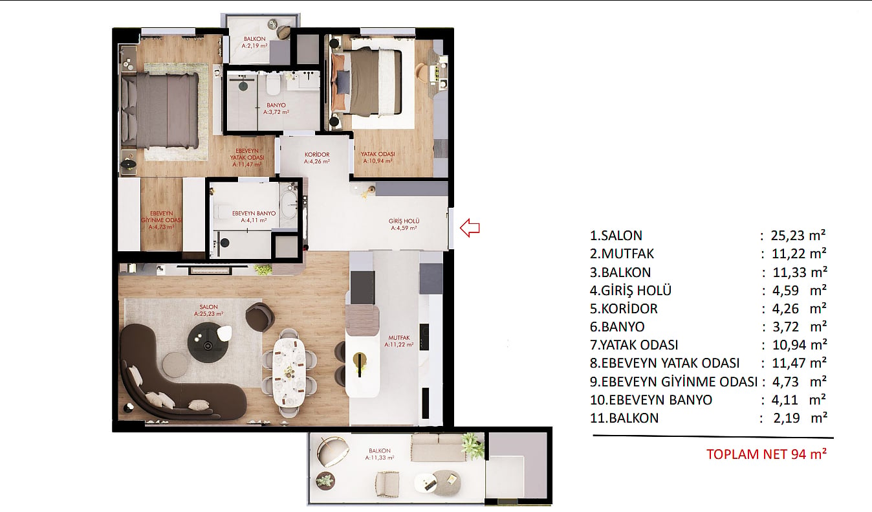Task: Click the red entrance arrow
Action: coord(470,228)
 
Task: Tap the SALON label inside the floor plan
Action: coord(209,307)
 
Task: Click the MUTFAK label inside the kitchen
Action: coord(399,338)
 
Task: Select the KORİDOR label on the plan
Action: coord(317,155)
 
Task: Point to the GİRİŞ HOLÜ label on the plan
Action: coord(404,221)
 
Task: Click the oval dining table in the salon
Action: coord(289,372)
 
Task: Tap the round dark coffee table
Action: coord(208,343)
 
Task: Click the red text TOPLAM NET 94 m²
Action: coord(767,454)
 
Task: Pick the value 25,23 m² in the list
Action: coord(798,236)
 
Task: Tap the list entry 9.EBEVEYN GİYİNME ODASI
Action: coord(673,381)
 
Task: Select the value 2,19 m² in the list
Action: coord(800,418)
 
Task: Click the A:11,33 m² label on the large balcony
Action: coord(380,458)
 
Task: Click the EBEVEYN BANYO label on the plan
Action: coord(254,213)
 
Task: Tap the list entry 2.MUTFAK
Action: coord(622,254)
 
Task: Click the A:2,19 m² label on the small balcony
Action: coord(255,45)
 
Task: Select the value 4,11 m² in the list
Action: coord(799,400)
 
